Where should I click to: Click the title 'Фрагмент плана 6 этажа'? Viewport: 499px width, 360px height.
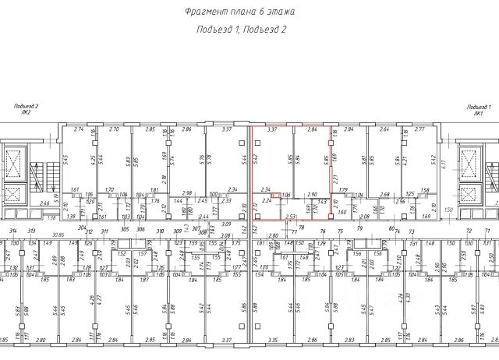240,12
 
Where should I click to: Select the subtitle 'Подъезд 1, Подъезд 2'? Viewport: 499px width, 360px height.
240,30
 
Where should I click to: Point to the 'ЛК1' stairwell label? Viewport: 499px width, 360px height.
477,113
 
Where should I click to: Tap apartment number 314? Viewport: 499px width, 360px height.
12,231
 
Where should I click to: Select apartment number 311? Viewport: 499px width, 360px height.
104,231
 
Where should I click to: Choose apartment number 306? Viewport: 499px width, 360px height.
140,231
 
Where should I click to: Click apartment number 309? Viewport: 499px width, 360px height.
178,231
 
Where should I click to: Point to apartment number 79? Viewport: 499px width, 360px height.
359,230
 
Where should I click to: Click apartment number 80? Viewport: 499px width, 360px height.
390,229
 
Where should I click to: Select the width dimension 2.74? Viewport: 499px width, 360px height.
78,129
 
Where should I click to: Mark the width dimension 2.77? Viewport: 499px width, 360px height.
419,129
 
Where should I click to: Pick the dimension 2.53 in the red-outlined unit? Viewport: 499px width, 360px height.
290,216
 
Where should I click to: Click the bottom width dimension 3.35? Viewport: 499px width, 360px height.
274,341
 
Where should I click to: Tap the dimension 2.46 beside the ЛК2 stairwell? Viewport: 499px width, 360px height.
45,203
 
